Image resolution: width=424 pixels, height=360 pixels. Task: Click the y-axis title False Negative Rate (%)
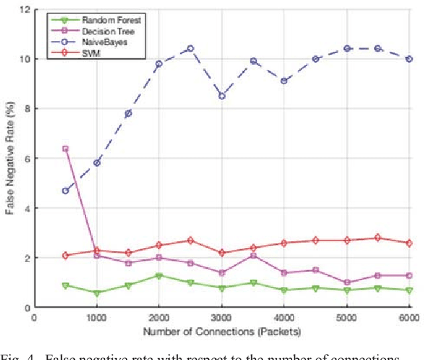point(10,159)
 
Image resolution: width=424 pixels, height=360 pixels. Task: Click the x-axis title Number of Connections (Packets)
point(222,330)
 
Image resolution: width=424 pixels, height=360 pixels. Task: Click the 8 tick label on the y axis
point(26,109)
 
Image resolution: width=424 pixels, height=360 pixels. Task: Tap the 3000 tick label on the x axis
point(222,316)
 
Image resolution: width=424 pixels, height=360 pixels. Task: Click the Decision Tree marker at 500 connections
point(65,149)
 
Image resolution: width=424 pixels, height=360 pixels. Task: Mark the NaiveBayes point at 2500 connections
point(190,48)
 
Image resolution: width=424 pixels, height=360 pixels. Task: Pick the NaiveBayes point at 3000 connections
point(222,96)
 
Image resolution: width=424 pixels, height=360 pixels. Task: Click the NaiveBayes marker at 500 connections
point(65,191)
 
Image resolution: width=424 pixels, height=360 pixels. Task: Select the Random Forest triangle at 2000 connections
point(159,275)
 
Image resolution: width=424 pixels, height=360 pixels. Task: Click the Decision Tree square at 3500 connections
point(253,255)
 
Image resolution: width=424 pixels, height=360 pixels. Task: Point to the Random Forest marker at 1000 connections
point(97,292)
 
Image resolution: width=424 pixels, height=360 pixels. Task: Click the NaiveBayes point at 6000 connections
point(409,59)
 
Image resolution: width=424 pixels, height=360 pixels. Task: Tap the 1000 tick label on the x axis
point(97,316)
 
